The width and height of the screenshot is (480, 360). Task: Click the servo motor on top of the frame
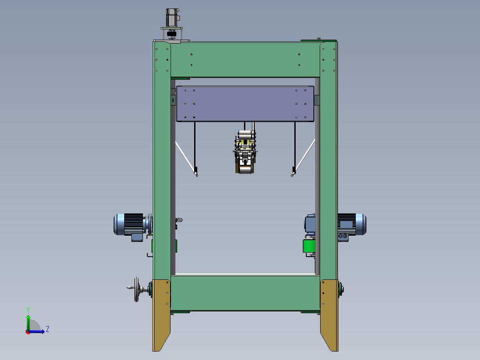click(x=172, y=17)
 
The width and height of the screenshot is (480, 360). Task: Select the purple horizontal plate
click(x=245, y=104)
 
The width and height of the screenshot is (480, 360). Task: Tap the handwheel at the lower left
click(x=137, y=289)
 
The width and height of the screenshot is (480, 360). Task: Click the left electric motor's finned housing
click(x=134, y=224)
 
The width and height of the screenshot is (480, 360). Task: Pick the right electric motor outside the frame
click(x=352, y=225)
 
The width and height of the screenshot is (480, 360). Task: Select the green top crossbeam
click(x=245, y=59)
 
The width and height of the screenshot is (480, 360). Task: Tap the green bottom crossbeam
click(x=245, y=293)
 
